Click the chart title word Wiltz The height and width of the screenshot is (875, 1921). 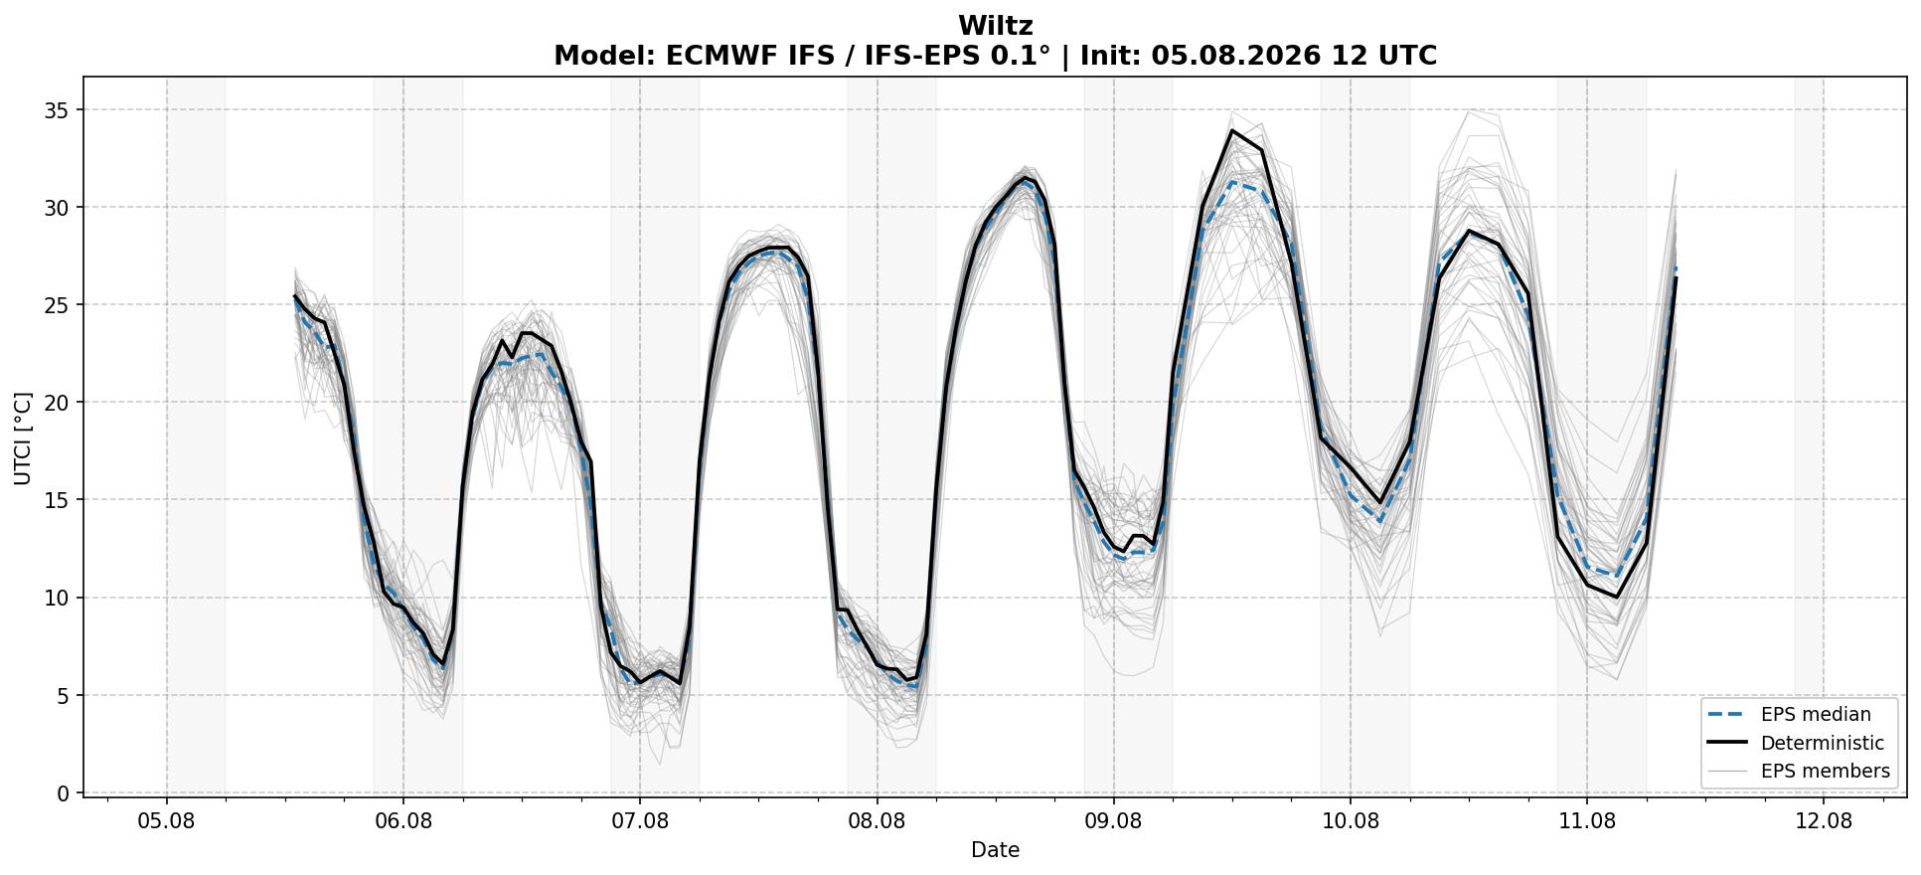click(995, 26)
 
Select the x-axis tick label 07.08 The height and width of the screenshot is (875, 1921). click(640, 821)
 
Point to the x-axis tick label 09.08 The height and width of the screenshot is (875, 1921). click(1113, 821)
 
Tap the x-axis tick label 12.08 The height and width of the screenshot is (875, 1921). click(1824, 821)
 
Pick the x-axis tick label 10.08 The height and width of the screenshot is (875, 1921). click(1350, 821)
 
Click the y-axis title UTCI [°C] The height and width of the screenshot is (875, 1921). click(23, 438)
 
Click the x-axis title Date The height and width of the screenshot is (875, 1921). click(995, 850)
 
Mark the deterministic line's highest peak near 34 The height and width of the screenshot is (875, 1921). click(1232, 130)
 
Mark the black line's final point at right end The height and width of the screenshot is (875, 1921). click(1676, 278)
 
